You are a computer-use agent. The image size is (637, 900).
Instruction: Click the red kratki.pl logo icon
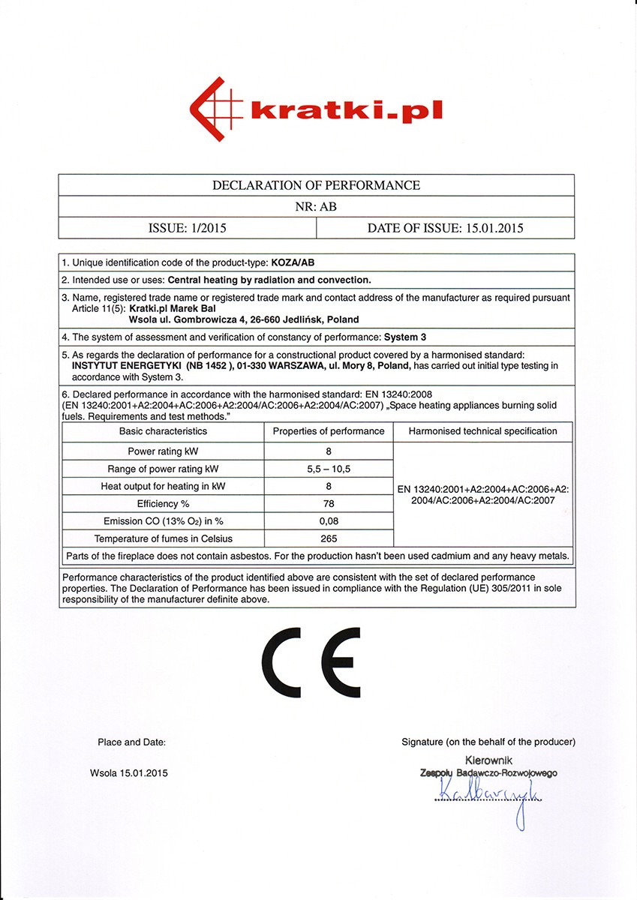(x=218, y=110)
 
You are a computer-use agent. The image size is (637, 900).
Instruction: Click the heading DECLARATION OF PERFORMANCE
(x=316, y=185)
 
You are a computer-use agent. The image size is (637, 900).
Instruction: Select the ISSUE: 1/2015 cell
(x=188, y=228)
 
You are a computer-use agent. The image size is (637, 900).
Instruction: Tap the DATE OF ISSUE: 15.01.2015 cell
(x=445, y=228)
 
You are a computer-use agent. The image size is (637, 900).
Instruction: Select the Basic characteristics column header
(x=163, y=431)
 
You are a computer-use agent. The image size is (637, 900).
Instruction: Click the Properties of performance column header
(x=329, y=431)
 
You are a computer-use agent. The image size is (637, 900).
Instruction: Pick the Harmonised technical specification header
(x=482, y=431)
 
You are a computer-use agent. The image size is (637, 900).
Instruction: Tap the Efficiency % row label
(x=163, y=503)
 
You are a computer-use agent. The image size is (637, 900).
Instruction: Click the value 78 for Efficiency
(x=329, y=503)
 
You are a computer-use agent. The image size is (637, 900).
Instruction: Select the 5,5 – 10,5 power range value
(x=329, y=469)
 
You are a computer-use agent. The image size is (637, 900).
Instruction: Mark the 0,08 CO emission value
(x=329, y=521)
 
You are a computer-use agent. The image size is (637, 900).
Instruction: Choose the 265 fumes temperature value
(x=329, y=538)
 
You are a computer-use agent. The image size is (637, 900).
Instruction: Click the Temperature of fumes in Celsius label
(x=163, y=538)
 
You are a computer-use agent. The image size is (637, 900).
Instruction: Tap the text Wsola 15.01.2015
(x=129, y=773)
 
